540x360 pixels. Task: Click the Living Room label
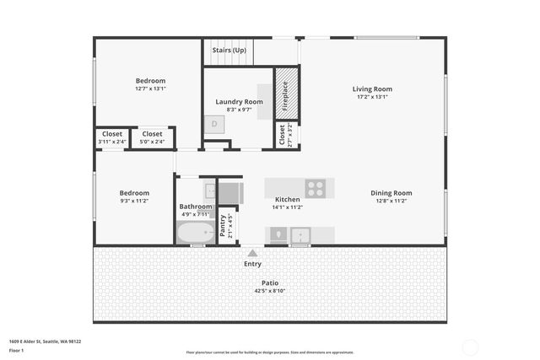point(372,89)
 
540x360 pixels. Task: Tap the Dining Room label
point(391,193)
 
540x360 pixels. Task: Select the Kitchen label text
point(287,200)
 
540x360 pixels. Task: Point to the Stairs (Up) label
point(229,51)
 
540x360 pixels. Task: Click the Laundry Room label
point(240,102)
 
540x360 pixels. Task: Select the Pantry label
point(223,225)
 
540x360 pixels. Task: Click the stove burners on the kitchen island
point(316,188)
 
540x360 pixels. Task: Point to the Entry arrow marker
point(252,251)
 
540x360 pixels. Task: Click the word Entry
point(252,264)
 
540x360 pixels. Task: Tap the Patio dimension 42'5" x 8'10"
point(269,291)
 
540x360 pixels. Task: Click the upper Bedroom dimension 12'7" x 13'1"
point(150,89)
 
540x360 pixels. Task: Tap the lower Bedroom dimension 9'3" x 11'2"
point(134,201)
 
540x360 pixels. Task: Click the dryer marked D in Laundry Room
point(214,124)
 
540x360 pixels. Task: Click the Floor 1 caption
point(16,350)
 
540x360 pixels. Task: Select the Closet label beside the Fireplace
point(282,135)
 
